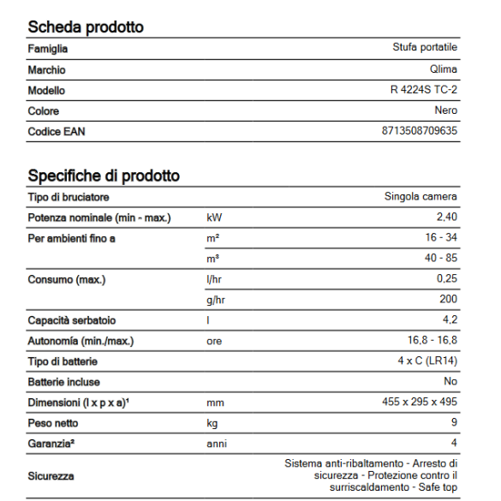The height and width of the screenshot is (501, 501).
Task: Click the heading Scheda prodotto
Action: [x=86, y=27]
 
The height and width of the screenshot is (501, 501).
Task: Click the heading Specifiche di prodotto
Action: [x=104, y=176]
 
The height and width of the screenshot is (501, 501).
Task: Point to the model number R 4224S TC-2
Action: [x=423, y=90]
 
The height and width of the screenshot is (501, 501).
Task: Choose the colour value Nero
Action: [x=446, y=110]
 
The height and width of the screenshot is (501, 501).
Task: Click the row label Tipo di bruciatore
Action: [x=69, y=197]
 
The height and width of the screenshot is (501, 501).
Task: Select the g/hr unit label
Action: [x=217, y=300]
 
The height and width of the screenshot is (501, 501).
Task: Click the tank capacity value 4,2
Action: [x=449, y=320]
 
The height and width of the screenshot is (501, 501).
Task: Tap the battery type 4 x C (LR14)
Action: [x=427, y=361]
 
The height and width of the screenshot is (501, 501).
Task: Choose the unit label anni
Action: [x=218, y=443]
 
